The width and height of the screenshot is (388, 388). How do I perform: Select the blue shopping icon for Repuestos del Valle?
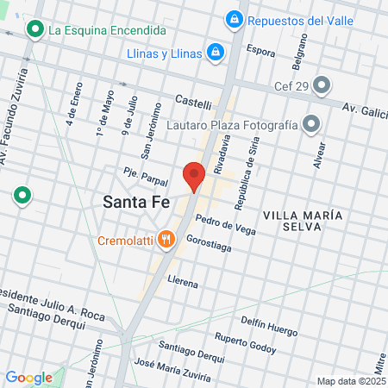[233, 19]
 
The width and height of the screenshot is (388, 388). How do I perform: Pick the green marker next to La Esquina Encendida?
[34, 30]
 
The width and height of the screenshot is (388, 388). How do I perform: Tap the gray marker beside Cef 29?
[322, 84]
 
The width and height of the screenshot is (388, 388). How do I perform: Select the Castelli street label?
[193, 103]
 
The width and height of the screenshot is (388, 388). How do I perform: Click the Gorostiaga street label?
[209, 246]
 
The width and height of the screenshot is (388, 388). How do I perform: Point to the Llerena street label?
[183, 282]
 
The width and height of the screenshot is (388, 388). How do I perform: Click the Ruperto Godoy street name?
[246, 343]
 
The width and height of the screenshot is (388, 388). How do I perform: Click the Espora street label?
[260, 51]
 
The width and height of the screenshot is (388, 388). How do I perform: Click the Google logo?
[28, 377]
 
